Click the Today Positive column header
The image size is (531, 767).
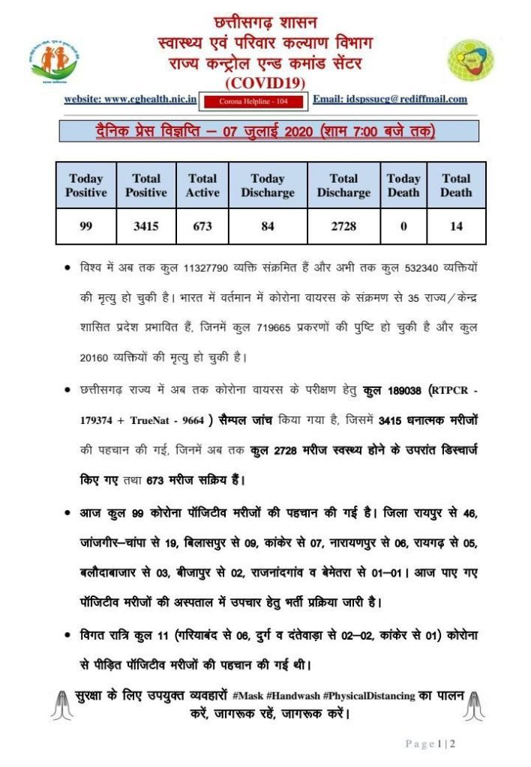point(86,185)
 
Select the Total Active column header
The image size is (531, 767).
point(202,185)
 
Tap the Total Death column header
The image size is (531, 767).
point(456,185)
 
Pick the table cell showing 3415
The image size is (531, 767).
point(145,226)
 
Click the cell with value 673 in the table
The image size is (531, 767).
point(202,226)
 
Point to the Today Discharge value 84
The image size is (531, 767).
point(268,226)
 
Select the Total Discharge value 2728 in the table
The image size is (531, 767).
point(343,226)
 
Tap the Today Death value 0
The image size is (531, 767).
point(403,226)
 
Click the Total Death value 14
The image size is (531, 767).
point(456,226)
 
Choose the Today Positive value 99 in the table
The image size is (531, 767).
point(86,226)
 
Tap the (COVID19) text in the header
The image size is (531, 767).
point(265,81)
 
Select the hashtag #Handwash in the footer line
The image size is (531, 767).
point(293,696)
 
